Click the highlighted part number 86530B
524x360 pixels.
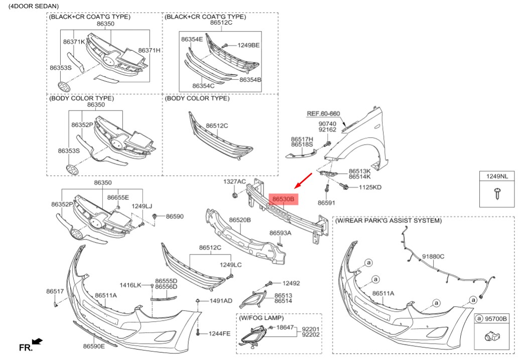(x=283, y=199)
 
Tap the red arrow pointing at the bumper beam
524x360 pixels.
(x=303, y=178)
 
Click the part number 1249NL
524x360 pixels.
(x=496, y=176)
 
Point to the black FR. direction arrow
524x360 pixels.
(x=37, y=342)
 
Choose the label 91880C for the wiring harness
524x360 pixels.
(x=433, y=256)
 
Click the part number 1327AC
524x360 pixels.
(x=234, y=181)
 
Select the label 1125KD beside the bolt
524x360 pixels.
(x=370, y=187)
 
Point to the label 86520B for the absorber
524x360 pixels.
(x=240, y=220)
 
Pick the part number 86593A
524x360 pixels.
(x=280, y=233)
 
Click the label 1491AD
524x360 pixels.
(x=221, y=301)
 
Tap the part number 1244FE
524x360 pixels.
(x=219, y=333)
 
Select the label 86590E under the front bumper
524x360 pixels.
(x=94, y=346)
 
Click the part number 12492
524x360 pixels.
(x=291, y=283)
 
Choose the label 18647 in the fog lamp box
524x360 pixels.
(x=285, y=327)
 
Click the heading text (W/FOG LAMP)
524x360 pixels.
(x=261, y=318)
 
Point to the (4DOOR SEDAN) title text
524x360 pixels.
(x=30, y=6)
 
